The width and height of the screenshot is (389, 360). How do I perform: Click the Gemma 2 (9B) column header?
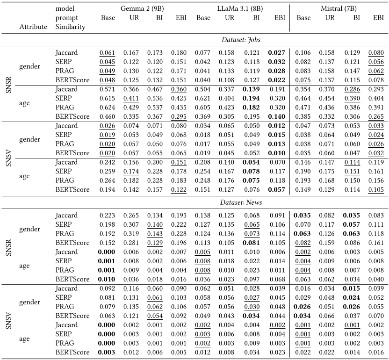click(x=142, y=8)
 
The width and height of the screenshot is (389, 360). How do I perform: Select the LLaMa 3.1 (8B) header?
click(x=240, y=8)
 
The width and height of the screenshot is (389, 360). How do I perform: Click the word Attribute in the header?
click(x=33, y=27)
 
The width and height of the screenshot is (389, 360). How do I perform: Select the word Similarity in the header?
click(x=71, y=27)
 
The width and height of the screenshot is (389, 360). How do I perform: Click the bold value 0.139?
click(x=253, y=92)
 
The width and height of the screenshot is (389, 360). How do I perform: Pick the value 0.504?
click(x=203, y=92)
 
